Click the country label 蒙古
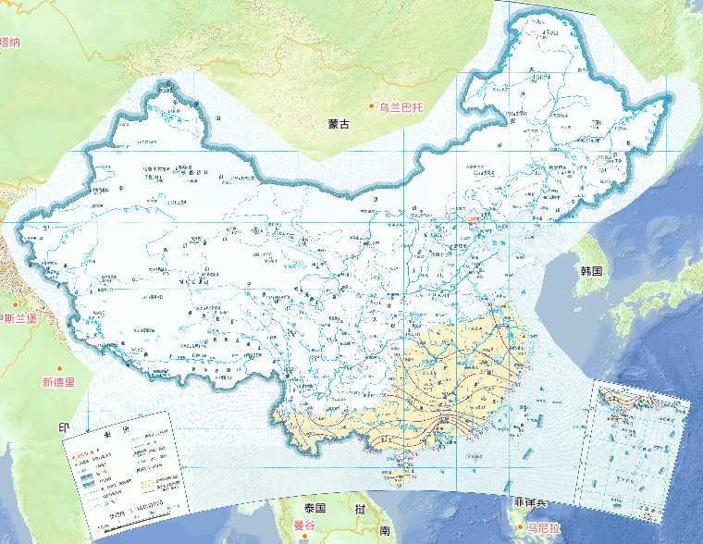339,124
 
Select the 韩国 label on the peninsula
591,271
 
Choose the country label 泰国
314,509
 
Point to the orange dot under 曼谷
298,537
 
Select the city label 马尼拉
545,527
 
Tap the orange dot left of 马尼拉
520,527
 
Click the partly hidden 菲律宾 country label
529,503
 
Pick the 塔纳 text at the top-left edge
10,42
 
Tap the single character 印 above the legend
65,427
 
